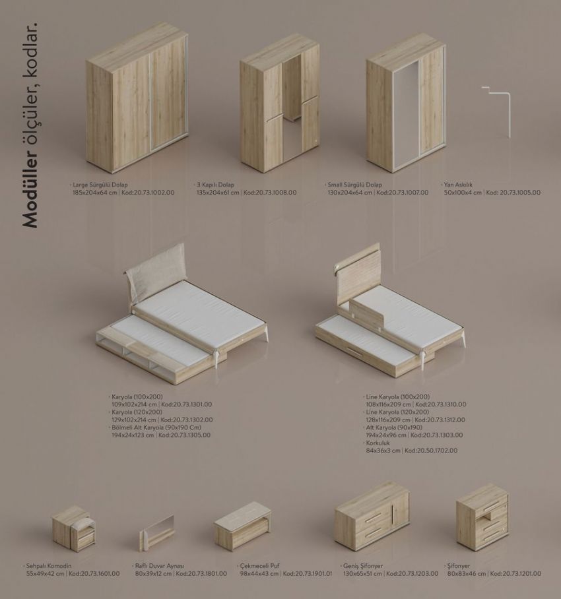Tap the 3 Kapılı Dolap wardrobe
tap(280, 103)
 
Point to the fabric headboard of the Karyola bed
tap(156, 269)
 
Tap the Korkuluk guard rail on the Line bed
tap(369, 310)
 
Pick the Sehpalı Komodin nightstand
tap(73, 527)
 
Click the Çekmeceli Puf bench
tap(242, 525)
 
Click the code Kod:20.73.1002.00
tap(148, 193)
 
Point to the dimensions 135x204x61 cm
tap(218, 193)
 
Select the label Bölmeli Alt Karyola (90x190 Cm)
tap(156, 427)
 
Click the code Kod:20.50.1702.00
tap(431, 451)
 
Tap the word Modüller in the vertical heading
tap(30, 190)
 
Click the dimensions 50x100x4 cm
tap(463, 193)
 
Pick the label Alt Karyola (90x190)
tap(393, 427)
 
